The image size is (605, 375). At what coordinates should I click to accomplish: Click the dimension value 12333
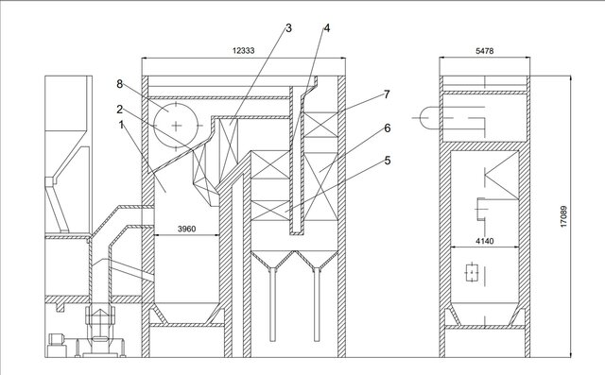243,49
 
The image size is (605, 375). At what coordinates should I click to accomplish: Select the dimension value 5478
485,49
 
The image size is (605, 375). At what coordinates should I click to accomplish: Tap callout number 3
289,28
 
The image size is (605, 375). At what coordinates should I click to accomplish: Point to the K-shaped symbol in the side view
493,176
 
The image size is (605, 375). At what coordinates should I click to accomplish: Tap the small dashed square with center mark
471,275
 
